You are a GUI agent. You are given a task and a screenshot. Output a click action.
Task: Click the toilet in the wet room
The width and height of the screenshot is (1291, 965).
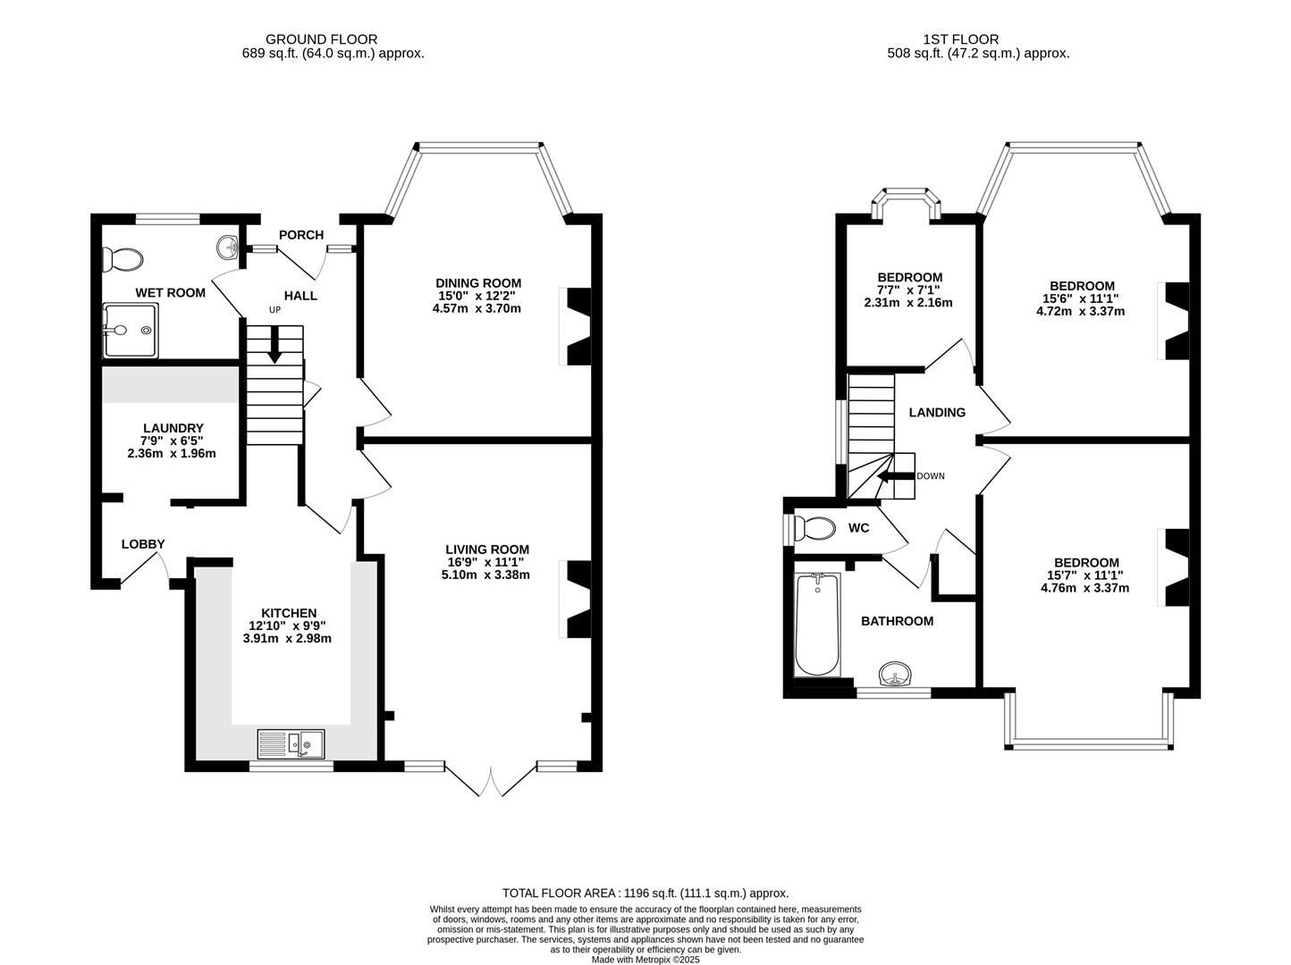(x=122, y=259)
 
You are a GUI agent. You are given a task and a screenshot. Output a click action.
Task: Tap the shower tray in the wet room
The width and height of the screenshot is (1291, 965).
(x=131, y=330)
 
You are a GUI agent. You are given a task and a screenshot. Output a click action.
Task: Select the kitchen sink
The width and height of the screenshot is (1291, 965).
(x=292, y=743)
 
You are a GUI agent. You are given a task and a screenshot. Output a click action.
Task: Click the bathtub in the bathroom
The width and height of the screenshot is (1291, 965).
(x=816, y=625)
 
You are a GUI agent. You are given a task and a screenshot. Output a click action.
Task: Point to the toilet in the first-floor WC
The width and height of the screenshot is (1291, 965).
(x=814, y=528)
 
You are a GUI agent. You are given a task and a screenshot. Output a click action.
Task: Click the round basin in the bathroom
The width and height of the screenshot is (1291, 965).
(x=894, y=673)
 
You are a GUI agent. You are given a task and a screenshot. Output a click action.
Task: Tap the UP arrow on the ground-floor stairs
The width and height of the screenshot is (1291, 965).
(x=274, y=344)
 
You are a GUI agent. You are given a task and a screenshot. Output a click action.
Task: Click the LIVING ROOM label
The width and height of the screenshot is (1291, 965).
(x=487, y=550)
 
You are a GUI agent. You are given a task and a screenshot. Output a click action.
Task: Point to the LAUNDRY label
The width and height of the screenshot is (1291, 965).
(x=173, y=428)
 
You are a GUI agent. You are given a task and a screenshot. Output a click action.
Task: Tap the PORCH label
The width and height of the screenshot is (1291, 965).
(x=300, y=235)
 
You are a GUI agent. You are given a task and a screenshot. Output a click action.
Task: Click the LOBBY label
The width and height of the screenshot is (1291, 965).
(x=143, y=544)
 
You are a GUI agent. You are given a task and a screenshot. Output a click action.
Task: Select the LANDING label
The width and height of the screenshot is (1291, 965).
(x=937, y=412)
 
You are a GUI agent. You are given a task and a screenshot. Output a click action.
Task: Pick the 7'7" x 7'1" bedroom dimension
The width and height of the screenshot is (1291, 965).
(x=909, y=289)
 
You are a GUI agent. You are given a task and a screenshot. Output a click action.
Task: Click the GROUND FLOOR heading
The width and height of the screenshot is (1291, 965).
(x=321, y=39)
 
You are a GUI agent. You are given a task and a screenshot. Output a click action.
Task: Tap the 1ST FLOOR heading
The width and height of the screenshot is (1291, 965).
(x=960, y=39)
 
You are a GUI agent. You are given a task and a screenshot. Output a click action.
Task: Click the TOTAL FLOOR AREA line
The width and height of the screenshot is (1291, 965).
(x=645, y=893)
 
